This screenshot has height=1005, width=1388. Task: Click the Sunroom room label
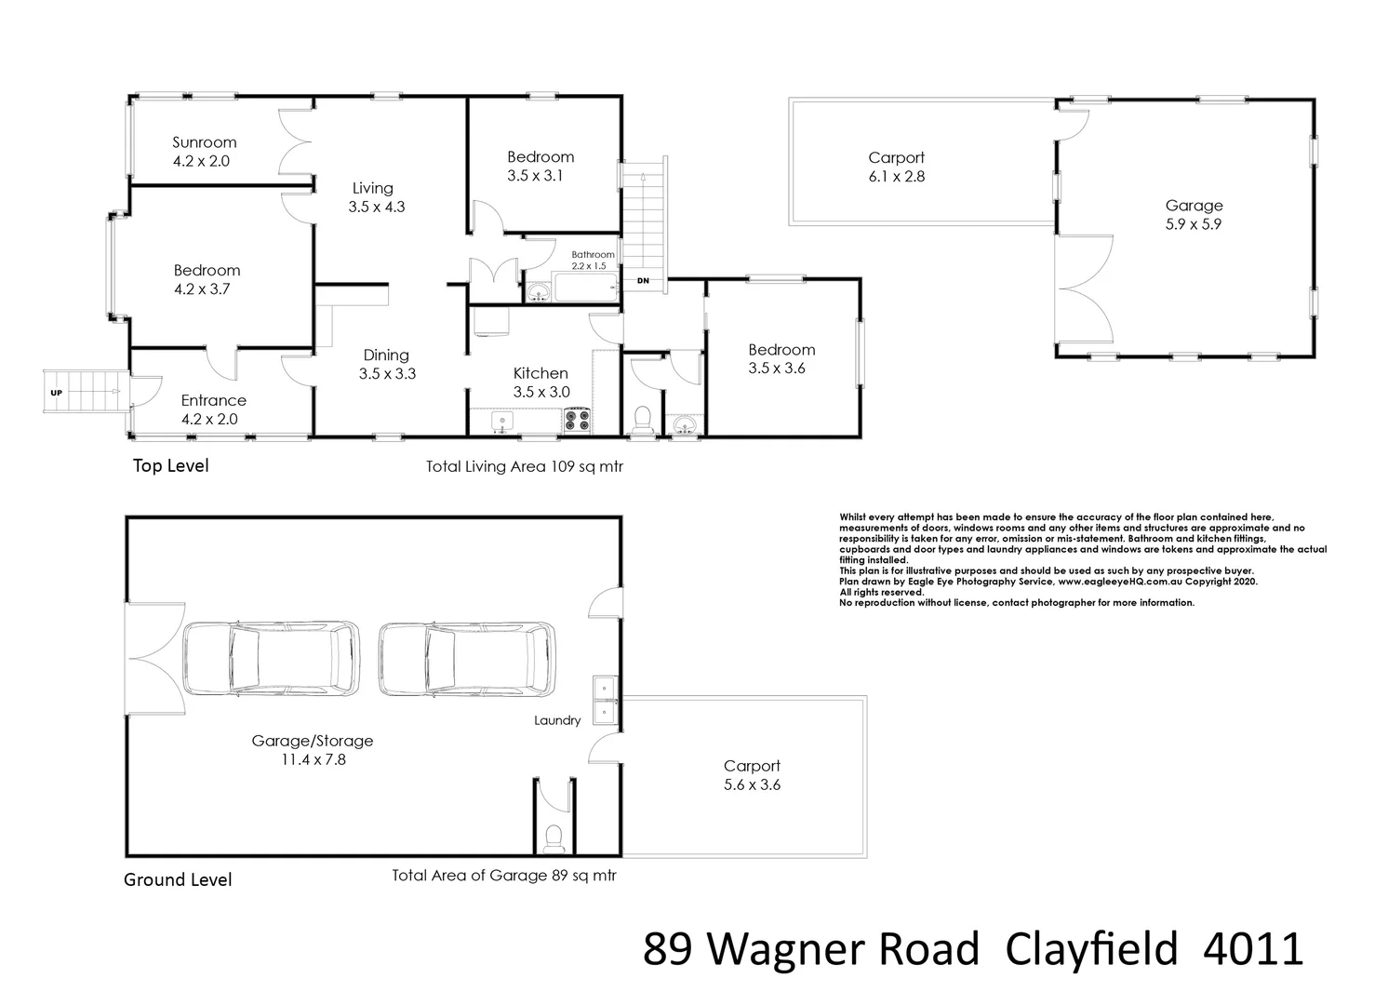(204, 152)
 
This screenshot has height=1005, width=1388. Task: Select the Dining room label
(386, 364)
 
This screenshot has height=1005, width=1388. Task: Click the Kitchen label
(541, 382)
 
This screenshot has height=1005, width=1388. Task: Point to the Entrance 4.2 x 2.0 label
(213, 409)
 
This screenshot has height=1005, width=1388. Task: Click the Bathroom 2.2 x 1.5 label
(593, 260)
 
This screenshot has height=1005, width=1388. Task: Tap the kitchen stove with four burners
(577, 421)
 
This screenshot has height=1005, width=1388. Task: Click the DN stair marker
(642, 280)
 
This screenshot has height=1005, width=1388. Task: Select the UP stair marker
(56, 393)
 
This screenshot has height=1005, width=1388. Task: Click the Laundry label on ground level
(557, 720)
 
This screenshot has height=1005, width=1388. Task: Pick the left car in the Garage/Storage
(272, 659)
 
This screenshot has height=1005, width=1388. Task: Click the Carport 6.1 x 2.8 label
(896, 167)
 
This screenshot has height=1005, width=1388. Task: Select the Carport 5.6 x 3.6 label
(752, 775)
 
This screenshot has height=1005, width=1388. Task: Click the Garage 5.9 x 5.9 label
(1194, 215)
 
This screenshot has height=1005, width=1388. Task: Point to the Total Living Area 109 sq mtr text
(524, 467)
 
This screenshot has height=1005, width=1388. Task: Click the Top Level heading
(170, 465)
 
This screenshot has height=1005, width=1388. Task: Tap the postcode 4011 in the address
(1253, 950)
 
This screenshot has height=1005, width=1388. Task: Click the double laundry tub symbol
(605, 699)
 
